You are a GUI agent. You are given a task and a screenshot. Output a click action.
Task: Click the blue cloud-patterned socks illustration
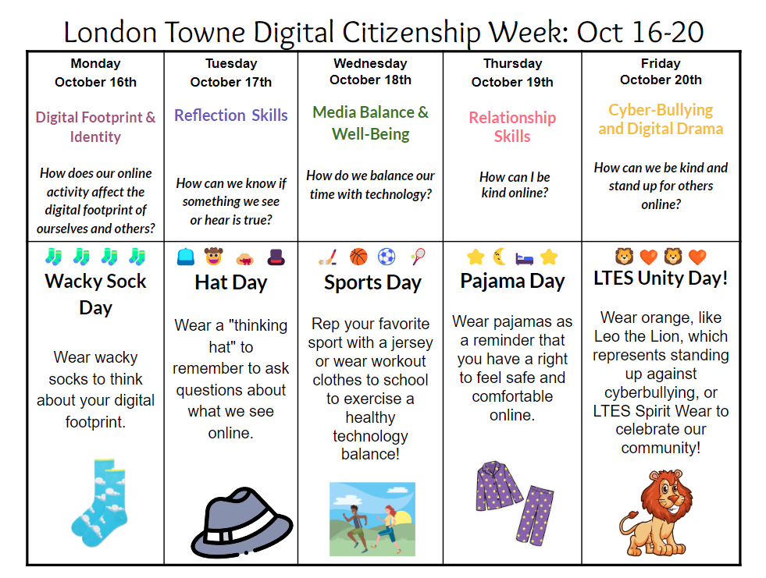tap(98, 503)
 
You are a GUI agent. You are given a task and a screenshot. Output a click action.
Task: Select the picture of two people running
tap(372, 519)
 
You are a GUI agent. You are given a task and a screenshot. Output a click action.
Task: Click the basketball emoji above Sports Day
tap(358, 257)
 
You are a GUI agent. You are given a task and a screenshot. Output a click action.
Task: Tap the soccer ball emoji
tap(387, 257)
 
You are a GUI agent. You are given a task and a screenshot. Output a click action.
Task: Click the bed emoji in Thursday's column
tap(525, 257)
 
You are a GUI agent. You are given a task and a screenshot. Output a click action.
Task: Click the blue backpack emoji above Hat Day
tap(186, 257)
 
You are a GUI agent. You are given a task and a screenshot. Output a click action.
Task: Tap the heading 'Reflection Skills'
tap(231, 115)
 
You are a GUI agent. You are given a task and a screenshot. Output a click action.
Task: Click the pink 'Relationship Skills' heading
tap(512, 126)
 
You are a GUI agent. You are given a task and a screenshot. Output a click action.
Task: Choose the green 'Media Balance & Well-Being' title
tap(370, 122)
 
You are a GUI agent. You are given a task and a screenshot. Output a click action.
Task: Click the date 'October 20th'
tap(661, 80)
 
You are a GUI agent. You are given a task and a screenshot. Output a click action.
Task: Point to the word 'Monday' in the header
tap(95, 63)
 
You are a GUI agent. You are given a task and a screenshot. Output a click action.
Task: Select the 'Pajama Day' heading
tap(512, 282)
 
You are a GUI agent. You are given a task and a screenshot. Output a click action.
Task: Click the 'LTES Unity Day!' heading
tap(661, 278)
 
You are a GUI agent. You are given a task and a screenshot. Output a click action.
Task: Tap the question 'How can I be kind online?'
tap(514, 185)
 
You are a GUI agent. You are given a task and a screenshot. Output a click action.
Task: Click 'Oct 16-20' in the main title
tap(640, 32)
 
